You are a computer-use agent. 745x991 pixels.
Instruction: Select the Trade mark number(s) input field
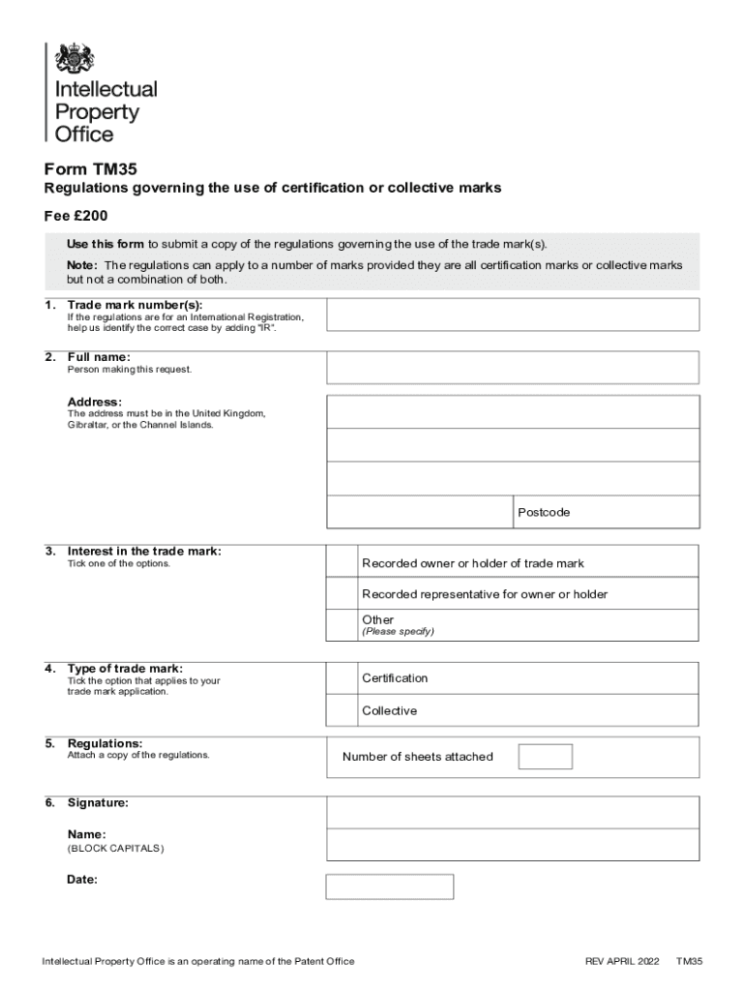click(513, 315)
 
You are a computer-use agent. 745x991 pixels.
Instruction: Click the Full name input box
click(513, 367)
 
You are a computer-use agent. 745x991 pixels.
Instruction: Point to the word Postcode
click(543, 512)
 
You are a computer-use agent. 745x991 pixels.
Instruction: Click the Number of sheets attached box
click(545, 757)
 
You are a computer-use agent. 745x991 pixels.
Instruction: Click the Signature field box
click(513, 812)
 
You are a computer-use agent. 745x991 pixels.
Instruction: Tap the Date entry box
click(389, 886)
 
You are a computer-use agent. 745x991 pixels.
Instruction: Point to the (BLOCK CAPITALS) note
click(115, 849)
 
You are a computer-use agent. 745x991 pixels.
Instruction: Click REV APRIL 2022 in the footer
click(622, 961)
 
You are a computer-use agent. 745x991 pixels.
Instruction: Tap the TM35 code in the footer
click(689, 961)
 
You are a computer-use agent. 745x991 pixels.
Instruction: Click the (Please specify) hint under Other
click(398, 632)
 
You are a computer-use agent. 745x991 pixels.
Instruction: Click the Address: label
click(94, 402)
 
